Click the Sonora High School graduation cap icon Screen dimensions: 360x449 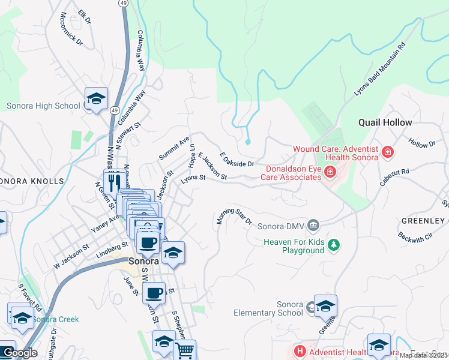pos(95,99)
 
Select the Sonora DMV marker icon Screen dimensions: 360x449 pos(313,226)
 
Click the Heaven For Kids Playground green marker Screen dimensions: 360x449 pos(334,245)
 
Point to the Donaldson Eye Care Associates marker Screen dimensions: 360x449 pos(330,173)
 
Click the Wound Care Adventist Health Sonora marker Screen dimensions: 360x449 pos(388,152)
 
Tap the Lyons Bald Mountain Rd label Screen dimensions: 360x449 pos(380,68)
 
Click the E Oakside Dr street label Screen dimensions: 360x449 pos(238,160)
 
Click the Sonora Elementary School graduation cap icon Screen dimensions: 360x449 pos(325,305)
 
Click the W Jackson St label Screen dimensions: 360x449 pos(71,255)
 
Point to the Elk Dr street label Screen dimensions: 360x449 pos(85,16)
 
